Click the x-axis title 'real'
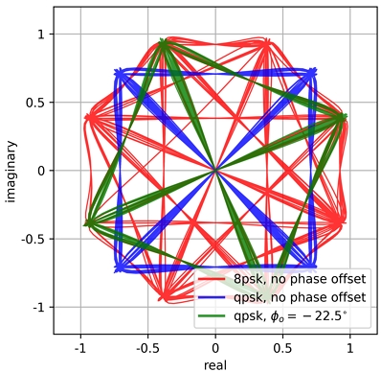pyautogui.click(x=215, y=364)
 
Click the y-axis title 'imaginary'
pyautogui.click(x=10, y=171)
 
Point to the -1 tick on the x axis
pyautogui.click(x=78, y=347)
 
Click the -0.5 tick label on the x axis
pyautogui.click(x=146, y=347)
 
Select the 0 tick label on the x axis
pyautogui.click(x=215, y=347)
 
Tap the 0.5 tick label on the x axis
pyautogui.click(x=283, y=347)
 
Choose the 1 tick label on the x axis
pyautogui.click(x=351, y=347)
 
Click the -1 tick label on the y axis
pyautogui.click(x=37, y=307)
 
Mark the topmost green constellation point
pyautogui.click(x=164, y=42)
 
